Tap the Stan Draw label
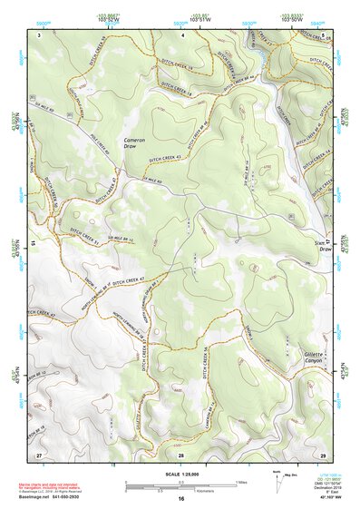pos(323,248)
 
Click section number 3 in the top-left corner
pos(40,34)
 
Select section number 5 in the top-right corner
pos(324,34)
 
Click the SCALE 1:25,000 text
pos(180,475)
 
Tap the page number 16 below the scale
pos(180,500)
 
